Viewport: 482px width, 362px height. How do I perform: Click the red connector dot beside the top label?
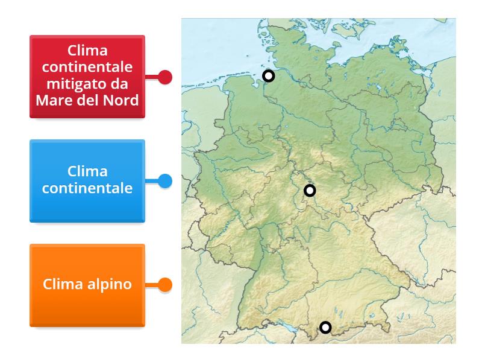165,77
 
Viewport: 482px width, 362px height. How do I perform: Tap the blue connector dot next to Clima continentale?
165,181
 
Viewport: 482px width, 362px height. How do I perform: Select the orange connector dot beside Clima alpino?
165,284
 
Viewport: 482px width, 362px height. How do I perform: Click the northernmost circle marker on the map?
269,76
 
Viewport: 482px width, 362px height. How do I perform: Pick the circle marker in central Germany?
310,191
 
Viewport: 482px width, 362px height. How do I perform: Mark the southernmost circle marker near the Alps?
325,328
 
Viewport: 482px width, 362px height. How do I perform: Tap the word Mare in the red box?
52,99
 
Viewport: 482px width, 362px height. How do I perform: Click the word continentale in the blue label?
87,188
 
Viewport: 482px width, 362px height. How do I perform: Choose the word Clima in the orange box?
61,284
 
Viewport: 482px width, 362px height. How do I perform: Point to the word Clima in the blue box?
87,172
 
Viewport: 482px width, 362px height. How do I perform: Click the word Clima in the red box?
87,50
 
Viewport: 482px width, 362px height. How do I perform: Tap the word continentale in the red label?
87,66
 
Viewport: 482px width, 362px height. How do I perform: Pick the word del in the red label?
87,99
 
